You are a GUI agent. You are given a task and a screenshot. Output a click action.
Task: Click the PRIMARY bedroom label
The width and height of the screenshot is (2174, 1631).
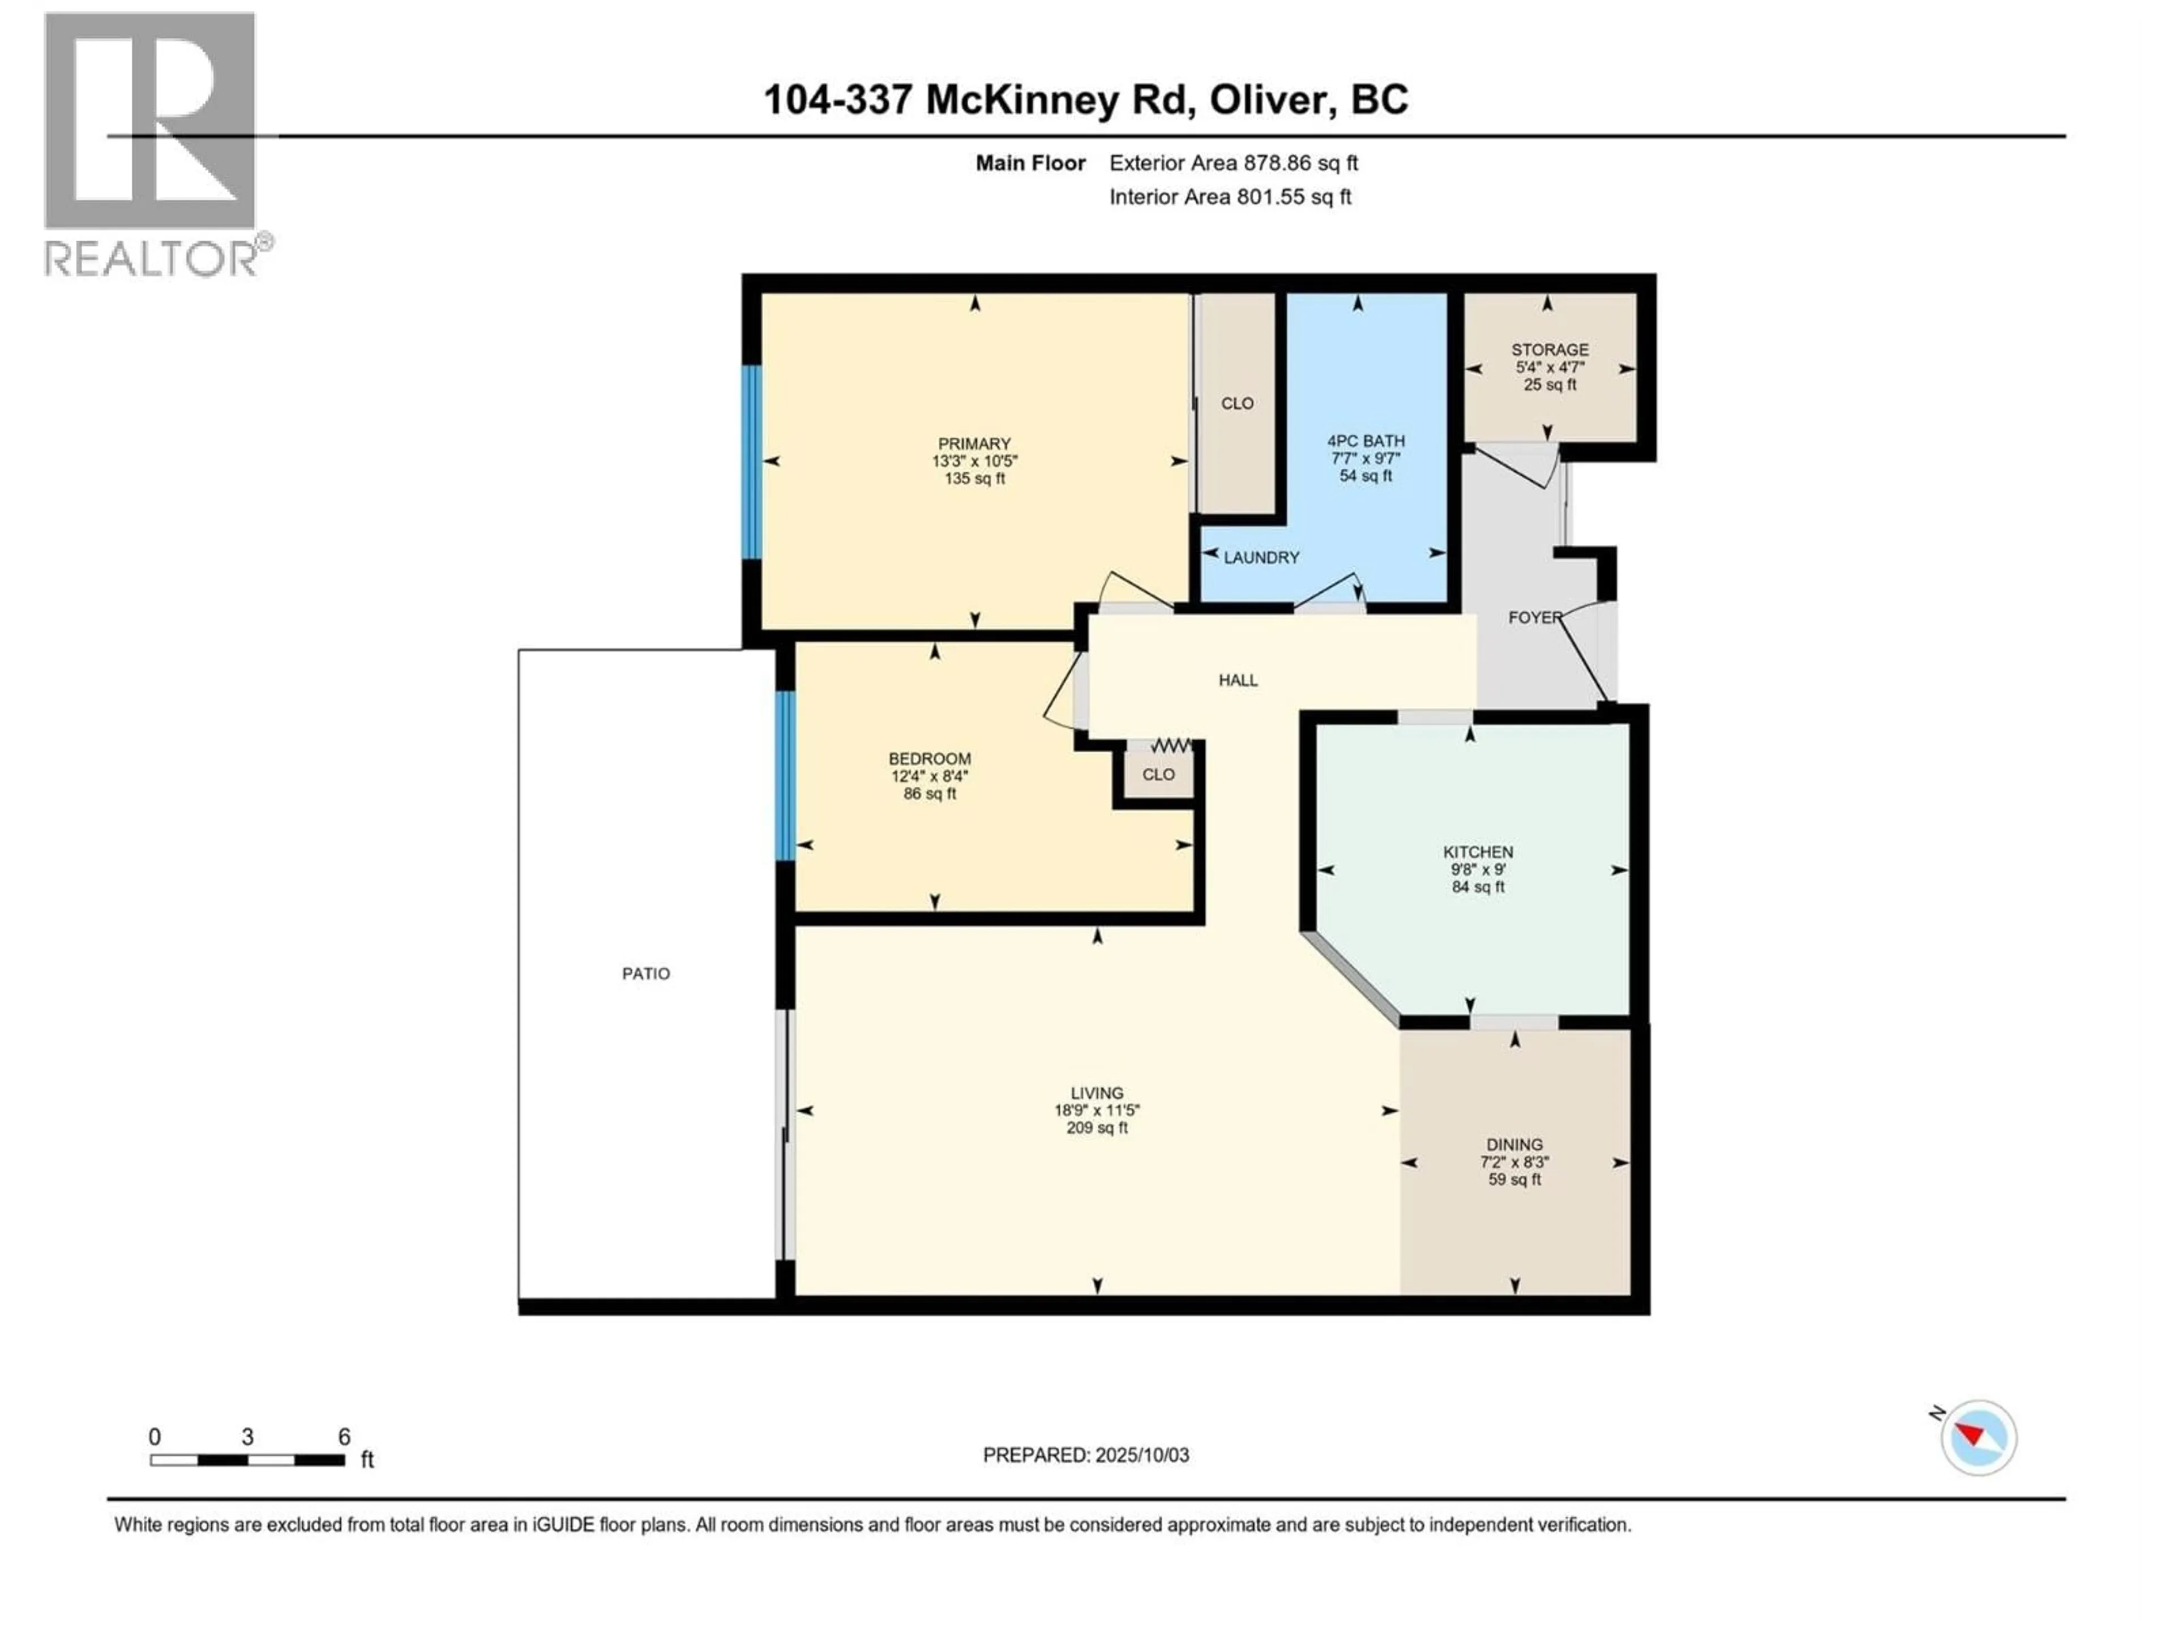tap(974, 443)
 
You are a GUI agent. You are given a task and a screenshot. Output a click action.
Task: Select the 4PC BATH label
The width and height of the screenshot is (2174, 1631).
tap(1366, 441)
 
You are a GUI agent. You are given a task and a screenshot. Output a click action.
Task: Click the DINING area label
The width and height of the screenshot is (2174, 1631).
tap(1514, 1145)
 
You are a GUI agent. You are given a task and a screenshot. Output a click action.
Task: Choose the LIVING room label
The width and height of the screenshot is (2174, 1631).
tap(1097, 1093)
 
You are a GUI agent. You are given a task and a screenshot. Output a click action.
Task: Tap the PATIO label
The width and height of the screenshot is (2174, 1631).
tap(646, 974)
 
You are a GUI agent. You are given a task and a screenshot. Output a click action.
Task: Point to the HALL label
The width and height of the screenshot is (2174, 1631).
tap(1238, 680)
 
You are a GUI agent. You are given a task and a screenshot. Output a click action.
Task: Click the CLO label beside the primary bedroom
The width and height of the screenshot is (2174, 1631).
tap(1238, 403)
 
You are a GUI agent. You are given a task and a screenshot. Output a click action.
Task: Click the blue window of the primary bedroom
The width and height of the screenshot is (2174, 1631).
tap(752, 462)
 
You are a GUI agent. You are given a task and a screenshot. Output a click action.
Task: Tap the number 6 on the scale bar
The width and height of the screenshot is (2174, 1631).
tap(344, 1436)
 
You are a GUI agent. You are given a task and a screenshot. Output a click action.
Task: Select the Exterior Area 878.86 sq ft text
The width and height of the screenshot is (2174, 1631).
tap(1234, 163)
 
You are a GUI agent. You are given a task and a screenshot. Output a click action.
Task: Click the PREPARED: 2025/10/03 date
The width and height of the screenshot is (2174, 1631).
tap(1086, 1455)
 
